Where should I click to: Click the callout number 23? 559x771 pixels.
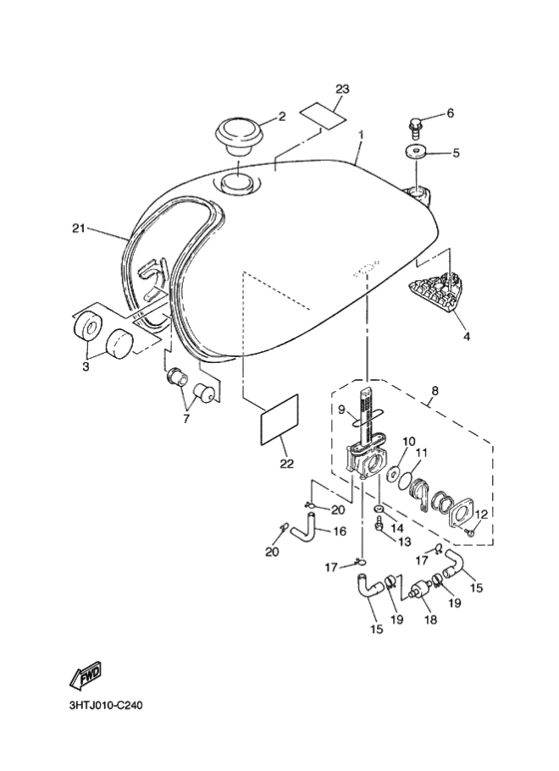tap(342, 90)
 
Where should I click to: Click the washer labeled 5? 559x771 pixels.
tap(412, 153)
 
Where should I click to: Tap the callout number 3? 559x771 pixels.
tap(85, 367)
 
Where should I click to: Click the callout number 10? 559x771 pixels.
tap(407, 441)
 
